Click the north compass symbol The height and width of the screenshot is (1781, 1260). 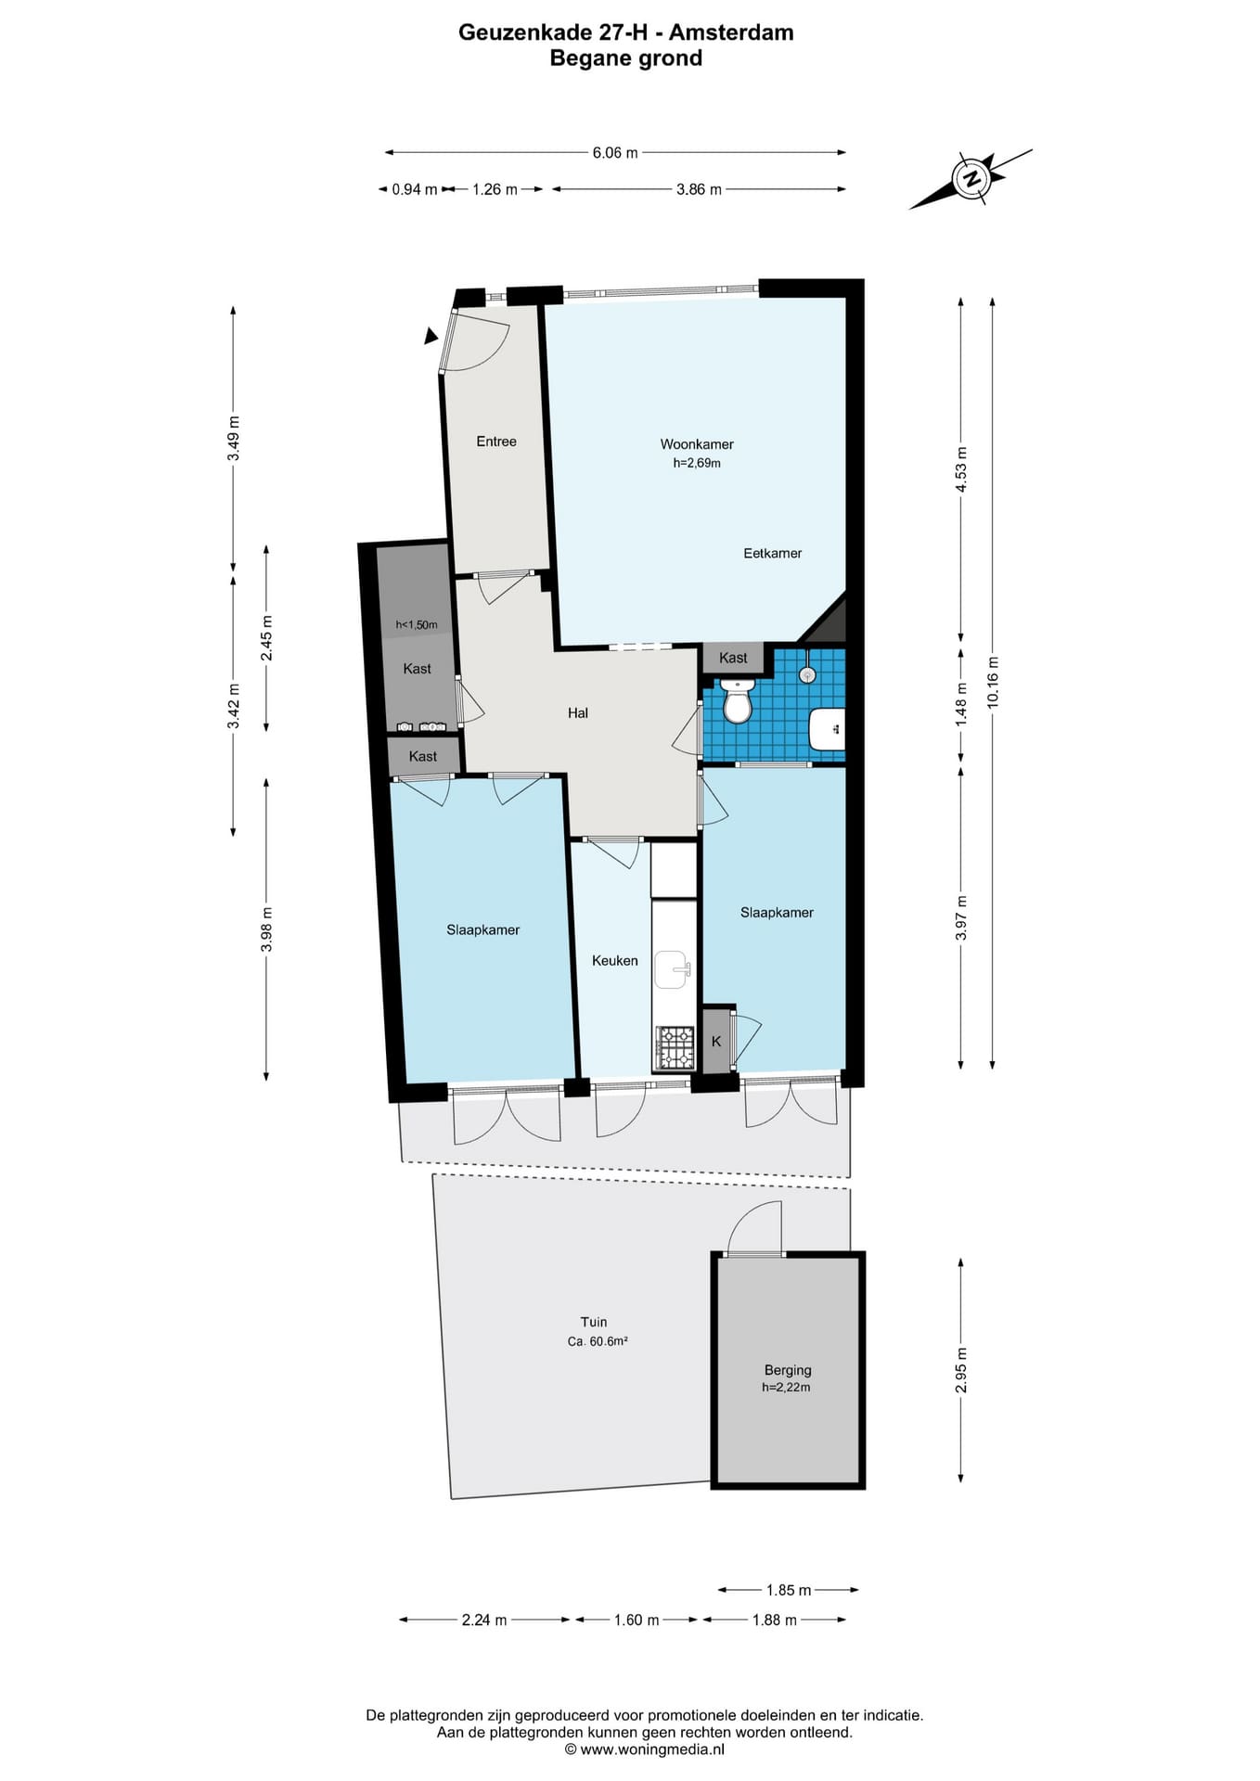tap(971, 178)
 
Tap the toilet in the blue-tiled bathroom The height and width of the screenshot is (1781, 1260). tap(738, 701)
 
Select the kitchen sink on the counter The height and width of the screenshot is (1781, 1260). tap(673, 969)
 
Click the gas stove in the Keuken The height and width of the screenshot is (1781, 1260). tap(675, 1047)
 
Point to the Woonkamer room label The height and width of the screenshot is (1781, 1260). tap(697, 444)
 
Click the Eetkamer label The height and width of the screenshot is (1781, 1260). tap(772, 554)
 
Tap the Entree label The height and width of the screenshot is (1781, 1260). tap(496, 442)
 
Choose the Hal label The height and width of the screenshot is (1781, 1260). tap(578, 713)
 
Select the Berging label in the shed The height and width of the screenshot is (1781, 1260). tap(788, 1370)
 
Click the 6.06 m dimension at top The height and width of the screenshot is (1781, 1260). tap(615, 152)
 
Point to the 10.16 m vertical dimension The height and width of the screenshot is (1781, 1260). tap(993, 683)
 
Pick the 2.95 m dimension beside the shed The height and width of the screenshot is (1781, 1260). tap(961, 1370)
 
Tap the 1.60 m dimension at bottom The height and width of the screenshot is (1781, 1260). tap(636, 1620)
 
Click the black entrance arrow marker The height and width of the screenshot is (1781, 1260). tap(431, 336)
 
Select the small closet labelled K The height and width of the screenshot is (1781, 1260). tap(717, 1041)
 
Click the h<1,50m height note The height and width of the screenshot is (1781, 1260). tap(417, 625)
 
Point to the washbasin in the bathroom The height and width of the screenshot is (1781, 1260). tap(827, 729)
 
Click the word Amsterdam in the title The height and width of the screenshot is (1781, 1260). tap(731, 32)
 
